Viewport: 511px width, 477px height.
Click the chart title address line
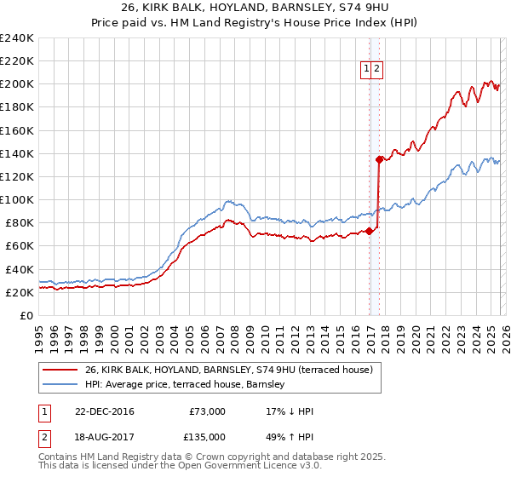point(255,9)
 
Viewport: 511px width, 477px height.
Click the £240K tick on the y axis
point(17,38)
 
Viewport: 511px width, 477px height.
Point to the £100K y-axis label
point(17,199)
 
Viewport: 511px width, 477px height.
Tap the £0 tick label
point(26,315)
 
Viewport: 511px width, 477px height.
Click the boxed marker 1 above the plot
point(366,70)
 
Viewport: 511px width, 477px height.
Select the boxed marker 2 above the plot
point(376,70)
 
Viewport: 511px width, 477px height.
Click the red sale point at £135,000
point(379,159)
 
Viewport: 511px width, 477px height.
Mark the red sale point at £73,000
point(370,231)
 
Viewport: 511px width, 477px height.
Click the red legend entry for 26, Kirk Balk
point(228,371)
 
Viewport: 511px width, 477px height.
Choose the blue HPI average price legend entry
point(187,385)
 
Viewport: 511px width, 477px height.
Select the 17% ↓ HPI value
point(290,411)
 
